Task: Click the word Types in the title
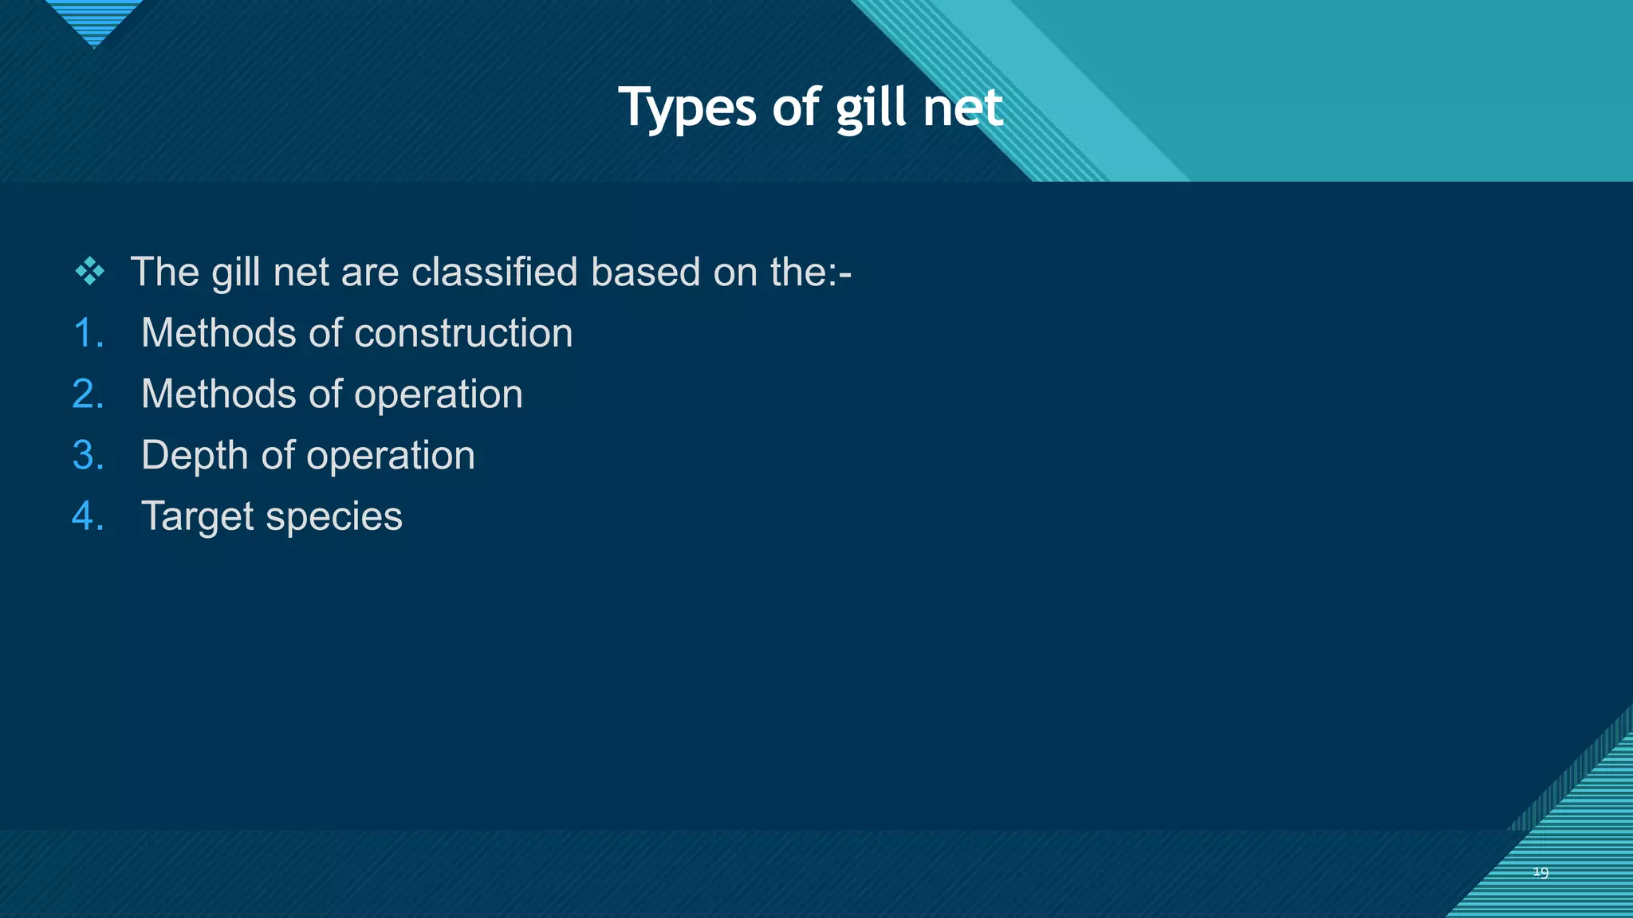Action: click(687, 108)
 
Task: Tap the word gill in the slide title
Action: click(872, 108)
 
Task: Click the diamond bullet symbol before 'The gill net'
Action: click(89, 273)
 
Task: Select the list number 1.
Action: click(88, 333)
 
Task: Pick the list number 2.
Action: click(88, 394)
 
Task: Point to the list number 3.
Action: click(88, 456)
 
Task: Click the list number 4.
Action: click(88, 516)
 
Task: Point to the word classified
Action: click(494, 273)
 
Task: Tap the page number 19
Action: click(1541, 873)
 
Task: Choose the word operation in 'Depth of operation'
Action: click(391, 456)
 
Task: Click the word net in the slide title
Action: click(962, 108)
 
